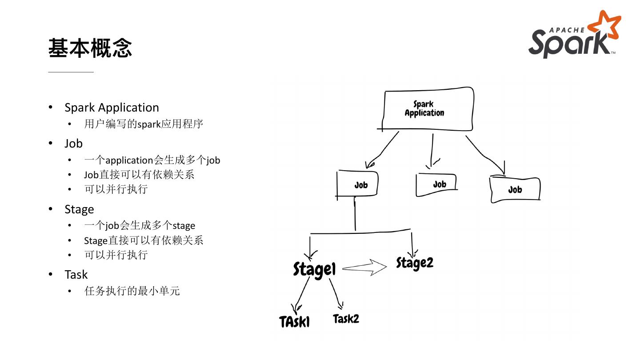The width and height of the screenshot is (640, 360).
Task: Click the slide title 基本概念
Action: point(90,48)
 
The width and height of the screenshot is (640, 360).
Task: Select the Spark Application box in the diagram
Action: point(426,109)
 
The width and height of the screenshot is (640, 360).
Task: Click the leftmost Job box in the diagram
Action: point(358,184)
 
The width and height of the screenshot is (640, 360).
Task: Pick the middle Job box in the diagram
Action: point(437,184)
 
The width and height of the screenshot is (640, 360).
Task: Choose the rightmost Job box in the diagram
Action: point(515,190)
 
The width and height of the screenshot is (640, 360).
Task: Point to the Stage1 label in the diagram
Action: point(314,269)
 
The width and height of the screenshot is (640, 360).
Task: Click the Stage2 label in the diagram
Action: point(415,263)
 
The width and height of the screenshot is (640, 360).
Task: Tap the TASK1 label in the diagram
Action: point(294,321)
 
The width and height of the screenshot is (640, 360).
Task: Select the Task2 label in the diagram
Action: point(346,319)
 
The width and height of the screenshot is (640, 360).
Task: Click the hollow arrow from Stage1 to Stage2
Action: point(365,268)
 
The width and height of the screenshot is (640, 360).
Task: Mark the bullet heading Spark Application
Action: point(112,108)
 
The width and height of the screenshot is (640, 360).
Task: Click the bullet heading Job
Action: point(73,144)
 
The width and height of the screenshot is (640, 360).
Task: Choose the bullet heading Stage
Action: point(79,209)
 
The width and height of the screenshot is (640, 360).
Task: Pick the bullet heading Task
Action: point(76,275)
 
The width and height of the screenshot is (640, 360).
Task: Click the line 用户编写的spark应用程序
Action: point(144,124)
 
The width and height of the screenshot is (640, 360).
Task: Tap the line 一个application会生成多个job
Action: point(152,160)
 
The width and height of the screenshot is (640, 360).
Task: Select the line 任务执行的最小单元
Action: point(132,291)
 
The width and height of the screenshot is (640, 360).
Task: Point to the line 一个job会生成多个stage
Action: point(140,225)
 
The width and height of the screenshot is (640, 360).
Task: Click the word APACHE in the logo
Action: point(567,30)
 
